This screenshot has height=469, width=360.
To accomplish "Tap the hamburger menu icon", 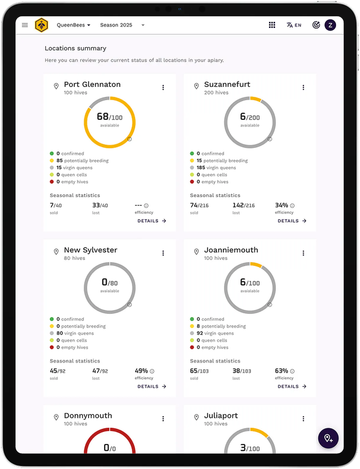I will tap(25, 25).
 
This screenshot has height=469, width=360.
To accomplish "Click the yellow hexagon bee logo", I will tap(41, 25).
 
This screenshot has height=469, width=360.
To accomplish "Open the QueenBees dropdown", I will tap(73, 25).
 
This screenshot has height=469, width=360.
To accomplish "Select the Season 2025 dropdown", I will tap(122, 25).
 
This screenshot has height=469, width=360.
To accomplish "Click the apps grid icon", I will tap(272, 25).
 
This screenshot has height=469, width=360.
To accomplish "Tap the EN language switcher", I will tap(294, 25).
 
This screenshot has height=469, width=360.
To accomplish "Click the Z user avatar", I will tap(330, 25).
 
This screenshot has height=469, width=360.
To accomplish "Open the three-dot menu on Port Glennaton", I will tap(163, 88).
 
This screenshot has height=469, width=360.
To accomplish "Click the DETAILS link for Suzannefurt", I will tap(292, 221).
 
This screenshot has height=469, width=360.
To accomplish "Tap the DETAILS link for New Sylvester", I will tap(152, 386).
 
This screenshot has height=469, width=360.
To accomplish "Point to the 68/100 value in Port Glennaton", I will tap(110, 117).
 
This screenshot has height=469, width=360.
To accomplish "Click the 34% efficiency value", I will tap(281, 205).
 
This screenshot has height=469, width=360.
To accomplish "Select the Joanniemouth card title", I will tap(231, 250).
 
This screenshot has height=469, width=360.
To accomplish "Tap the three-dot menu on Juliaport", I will tap(303, 419).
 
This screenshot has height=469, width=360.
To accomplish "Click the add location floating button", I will tap(328, 438).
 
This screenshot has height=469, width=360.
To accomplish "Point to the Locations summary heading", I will tap(75, 48).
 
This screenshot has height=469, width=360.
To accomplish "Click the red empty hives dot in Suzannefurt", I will tap(192, 182).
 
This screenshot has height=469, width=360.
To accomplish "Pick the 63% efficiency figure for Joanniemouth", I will tap(281, 371).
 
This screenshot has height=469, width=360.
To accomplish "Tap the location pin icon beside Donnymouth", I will tap(56, 417).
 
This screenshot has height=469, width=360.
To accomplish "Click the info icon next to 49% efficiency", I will tap(152, 371).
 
